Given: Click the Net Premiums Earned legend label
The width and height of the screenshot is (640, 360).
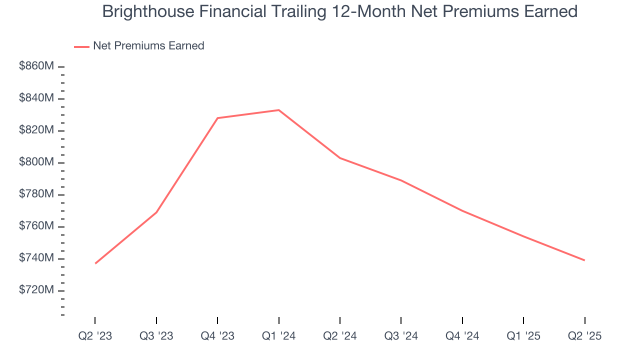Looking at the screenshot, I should click(x=148, y=45).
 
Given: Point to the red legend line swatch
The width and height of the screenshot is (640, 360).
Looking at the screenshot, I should click(x=81, y=46).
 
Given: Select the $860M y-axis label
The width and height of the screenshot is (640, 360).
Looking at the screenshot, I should click(x=36, y=66).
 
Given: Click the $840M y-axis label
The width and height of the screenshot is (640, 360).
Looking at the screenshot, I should click(x=36, y=98).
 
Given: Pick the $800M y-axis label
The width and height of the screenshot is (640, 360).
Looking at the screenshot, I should click(x=36, y=162).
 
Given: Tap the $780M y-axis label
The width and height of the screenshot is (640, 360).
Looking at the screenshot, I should click(x=36, y=194).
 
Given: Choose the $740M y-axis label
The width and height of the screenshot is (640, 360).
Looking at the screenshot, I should click(x=36, y=258).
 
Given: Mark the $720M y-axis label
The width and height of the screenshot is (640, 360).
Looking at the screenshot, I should click(x=36, y=290).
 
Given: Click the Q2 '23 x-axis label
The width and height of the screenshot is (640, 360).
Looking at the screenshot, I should click(x=95, y=336).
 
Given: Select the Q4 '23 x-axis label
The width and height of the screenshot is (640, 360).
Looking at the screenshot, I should click(x=217, y=336).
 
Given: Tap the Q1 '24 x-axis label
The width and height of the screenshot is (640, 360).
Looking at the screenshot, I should click(x=279, y=336).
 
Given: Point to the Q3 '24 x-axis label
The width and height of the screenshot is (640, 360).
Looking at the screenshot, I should click(x=401, y=336).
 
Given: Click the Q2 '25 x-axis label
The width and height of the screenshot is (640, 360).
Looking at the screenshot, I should click(x=584, y=336).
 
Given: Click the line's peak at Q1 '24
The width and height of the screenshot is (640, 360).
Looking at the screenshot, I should click(x=279, y=110).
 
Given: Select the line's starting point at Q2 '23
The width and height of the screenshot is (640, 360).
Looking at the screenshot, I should click(x=95, y=263).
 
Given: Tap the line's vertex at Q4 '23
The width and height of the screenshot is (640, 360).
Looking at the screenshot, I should click(x=217, y=118).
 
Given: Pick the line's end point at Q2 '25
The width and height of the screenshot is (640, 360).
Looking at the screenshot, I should click(x=584, y=260).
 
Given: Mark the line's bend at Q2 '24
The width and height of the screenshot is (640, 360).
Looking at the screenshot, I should click(x=340, y=158).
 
